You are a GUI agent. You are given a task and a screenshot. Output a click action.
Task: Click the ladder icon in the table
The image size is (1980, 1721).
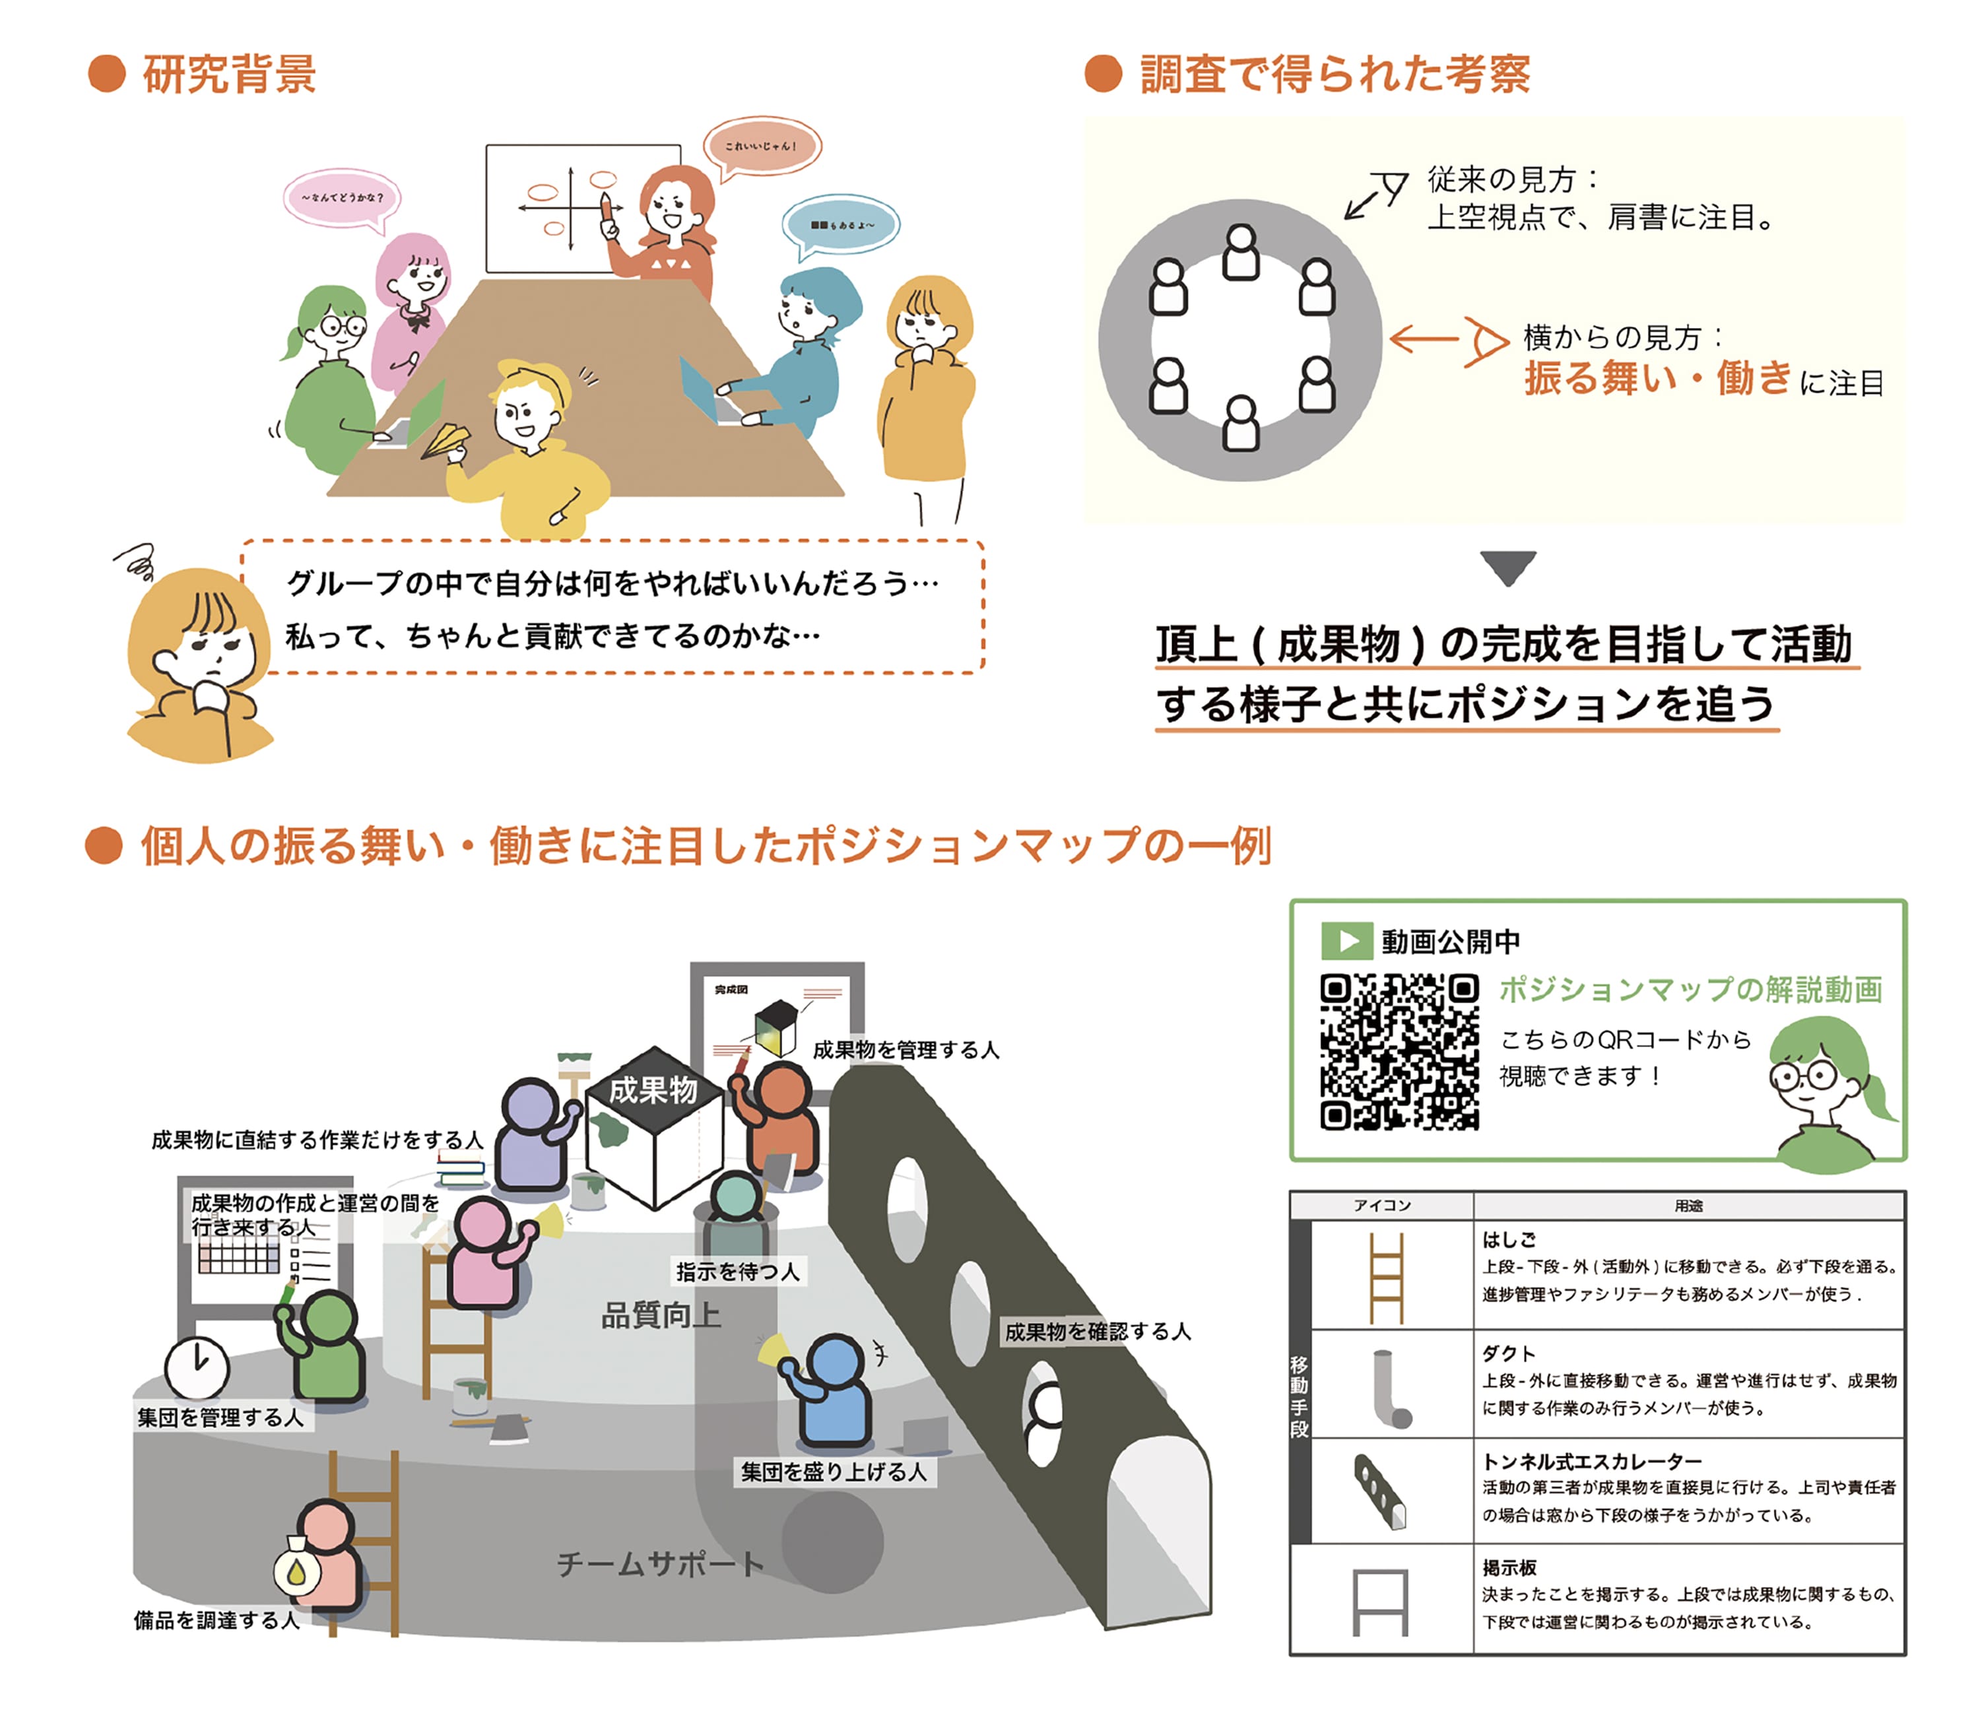tap(1385, 1278)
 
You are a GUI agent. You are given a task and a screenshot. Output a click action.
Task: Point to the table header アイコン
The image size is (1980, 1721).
tap(1381, 1205)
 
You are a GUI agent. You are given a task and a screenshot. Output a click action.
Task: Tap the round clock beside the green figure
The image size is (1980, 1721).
tap(197, 1367)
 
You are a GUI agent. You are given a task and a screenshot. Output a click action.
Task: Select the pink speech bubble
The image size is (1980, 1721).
tap(341, 198)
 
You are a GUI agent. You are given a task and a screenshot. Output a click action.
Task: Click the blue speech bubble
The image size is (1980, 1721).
tap(841, 225)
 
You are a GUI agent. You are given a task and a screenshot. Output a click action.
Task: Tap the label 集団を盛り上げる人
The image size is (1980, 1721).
tap(833, 1472)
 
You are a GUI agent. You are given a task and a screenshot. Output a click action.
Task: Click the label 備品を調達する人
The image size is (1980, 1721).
tap(217, 1620)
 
